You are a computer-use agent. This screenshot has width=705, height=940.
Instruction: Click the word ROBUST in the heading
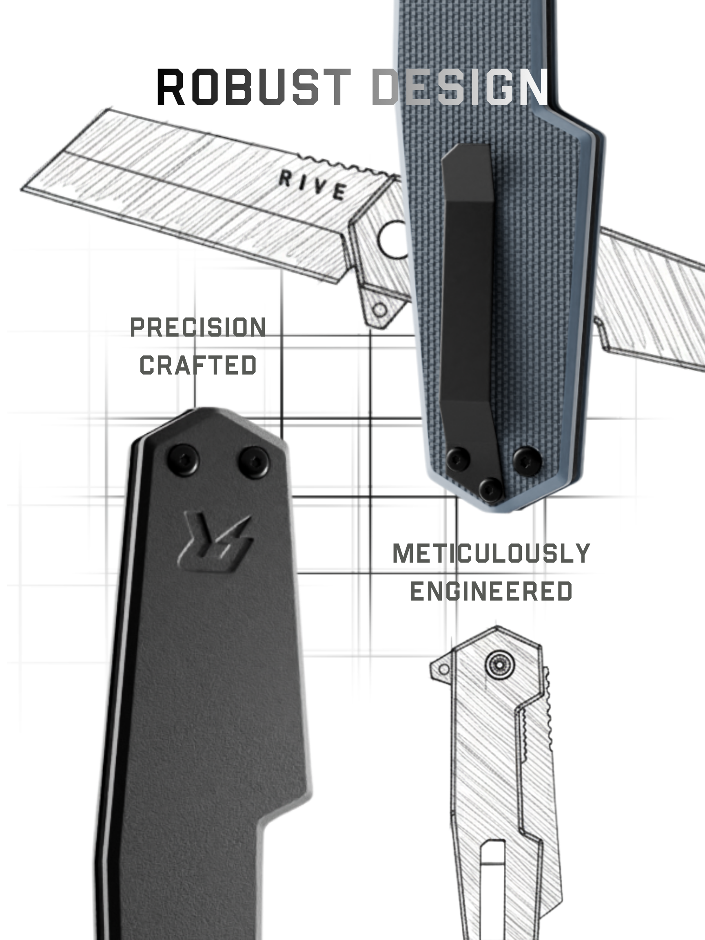click(x=254, y=87)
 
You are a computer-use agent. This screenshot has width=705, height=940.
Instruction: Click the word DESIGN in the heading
click(x=460, y=87)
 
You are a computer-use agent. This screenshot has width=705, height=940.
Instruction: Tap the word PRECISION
click(x=198, y=328)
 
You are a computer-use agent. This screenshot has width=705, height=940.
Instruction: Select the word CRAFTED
click(x=198, y=365)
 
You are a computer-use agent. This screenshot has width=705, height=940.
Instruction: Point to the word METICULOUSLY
click(x=491, y=553)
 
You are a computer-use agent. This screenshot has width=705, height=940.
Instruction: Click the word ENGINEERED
click(x=491, y=591)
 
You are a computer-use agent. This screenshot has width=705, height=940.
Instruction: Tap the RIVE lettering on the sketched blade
click(x=313, y=185)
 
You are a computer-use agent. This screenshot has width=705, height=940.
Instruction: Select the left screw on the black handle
click(x=183, y=459)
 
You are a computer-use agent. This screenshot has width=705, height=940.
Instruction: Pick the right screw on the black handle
click(x=254, y=462)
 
